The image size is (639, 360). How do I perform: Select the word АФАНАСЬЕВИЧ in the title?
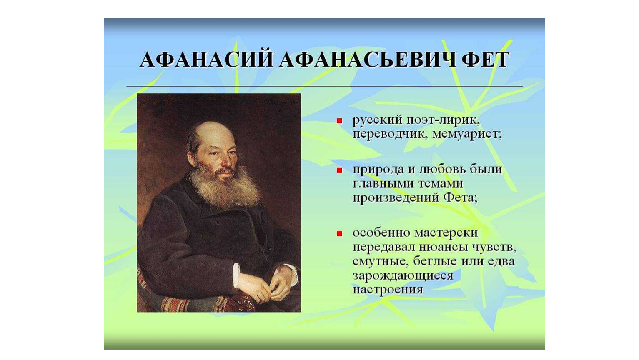pos(367,60)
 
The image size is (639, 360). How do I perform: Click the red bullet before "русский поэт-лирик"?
pos(339,121)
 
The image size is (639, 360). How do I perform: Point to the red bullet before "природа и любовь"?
pos(339,170)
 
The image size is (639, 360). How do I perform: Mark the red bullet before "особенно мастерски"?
pos(339,234)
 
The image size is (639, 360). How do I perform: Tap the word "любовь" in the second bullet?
pos(445,169)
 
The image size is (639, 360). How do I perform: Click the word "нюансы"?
pos(444,247)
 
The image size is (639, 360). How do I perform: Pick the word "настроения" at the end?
pos(388,290)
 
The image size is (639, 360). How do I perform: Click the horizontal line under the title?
pos(325,85)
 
